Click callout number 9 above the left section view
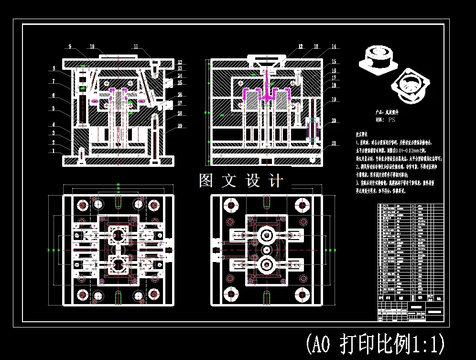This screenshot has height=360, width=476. [70, 46]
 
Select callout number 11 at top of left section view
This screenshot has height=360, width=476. [136, 46]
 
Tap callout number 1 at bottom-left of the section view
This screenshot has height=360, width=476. [54, 151]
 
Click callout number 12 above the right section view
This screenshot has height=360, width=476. [301, 46]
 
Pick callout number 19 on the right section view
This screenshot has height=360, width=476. [334, 99]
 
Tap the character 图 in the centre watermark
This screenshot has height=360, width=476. [206, 181]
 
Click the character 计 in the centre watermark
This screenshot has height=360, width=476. [276, 181]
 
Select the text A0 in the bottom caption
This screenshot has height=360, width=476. [319, 343]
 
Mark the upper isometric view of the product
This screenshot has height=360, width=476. [378, 60]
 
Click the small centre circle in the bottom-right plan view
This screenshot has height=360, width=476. [265, 250]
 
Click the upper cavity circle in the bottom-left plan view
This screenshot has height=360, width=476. [118, 235]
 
